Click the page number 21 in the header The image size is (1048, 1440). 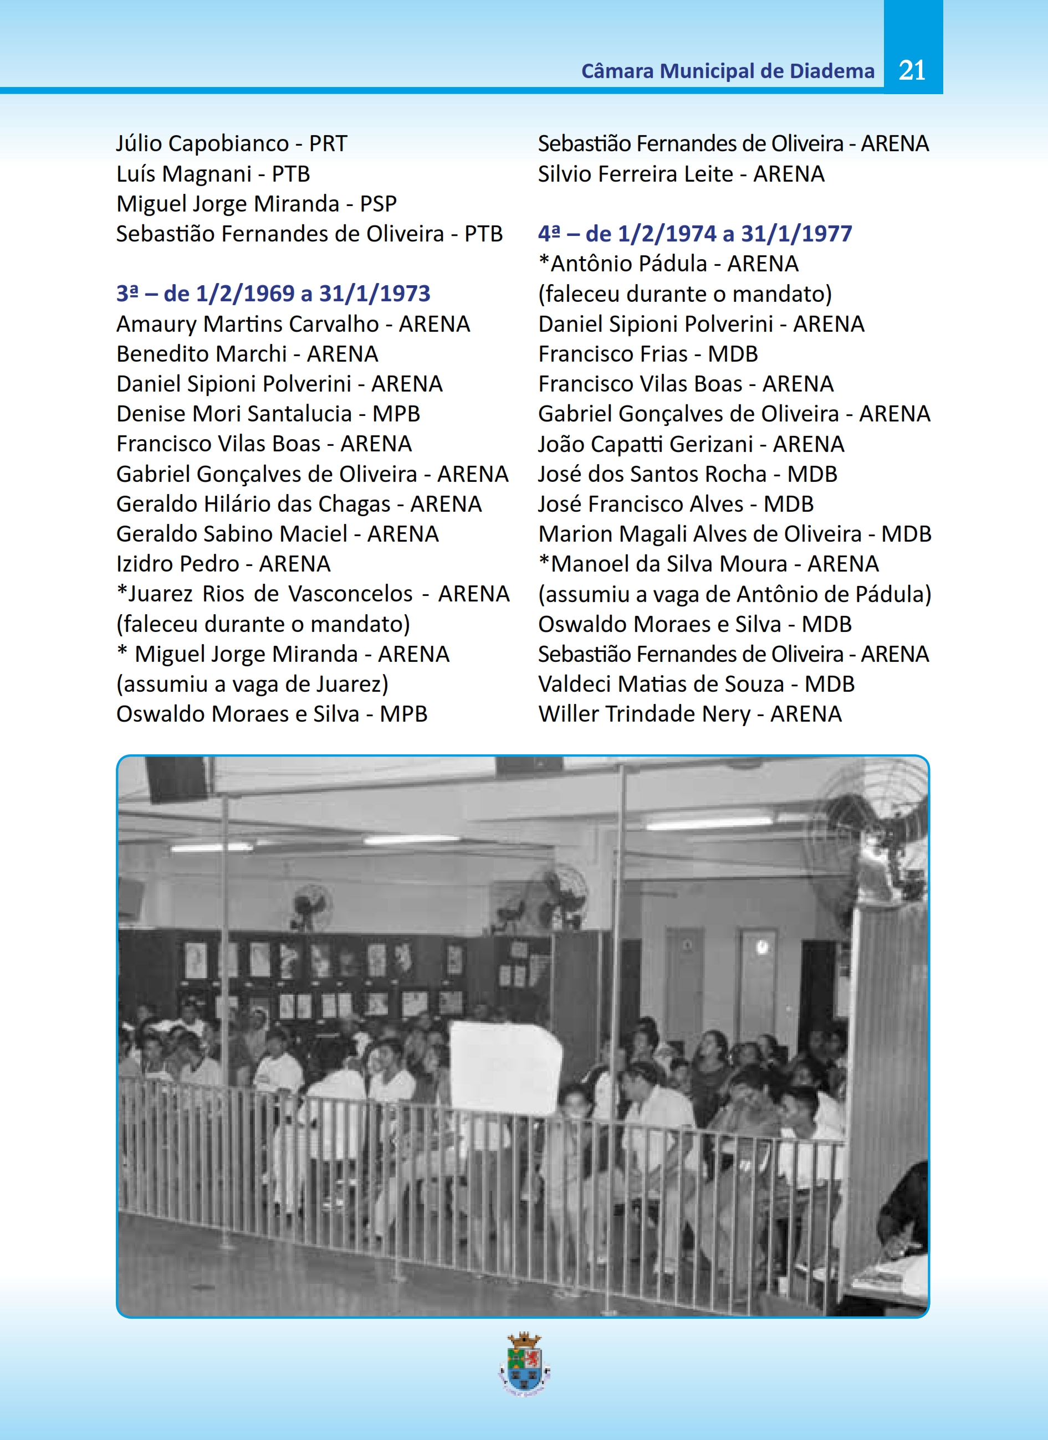[x=912, y=70]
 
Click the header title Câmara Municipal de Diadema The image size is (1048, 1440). [x=727, y=71]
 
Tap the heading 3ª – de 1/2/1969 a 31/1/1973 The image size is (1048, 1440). [x=273, y=294]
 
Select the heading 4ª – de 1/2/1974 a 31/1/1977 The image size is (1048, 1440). [x=695, y=234]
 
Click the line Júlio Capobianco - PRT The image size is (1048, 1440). [x=231, y=143]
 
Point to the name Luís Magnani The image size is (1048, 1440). [x=184, y=174]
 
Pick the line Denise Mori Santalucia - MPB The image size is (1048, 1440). [x=268, y=414]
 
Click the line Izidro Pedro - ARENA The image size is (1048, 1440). [x=223, y=564]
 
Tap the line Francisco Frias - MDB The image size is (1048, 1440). [x=648, y=354]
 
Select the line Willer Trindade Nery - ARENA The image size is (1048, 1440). [x=690, y=714]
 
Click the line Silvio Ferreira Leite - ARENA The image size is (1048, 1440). [x=681, y=174]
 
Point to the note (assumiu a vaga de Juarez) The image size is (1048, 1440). [x=252, y=685]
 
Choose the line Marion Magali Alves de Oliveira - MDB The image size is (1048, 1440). [x=734, y=534]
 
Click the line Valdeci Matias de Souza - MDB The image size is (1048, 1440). [x=696, y=684]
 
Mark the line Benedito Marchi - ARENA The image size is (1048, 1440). [x=247, y=354]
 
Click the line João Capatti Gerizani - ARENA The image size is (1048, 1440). [x=691, y=444]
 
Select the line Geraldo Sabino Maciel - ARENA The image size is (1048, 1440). [x=278, y=534]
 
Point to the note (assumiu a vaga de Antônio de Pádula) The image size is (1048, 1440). [x=734, y=594]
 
